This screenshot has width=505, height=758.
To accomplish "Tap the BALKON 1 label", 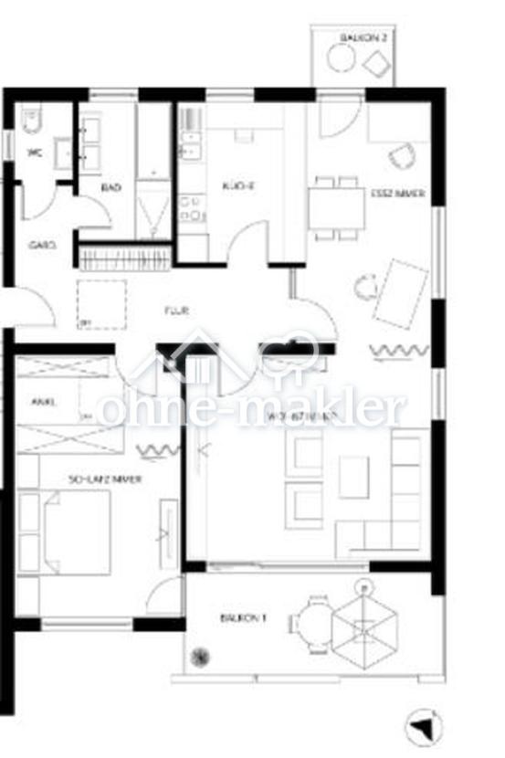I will tap(243, 618).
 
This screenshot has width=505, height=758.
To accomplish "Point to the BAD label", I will tap(111, 187).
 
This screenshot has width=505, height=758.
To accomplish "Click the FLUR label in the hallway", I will tap(175, 311).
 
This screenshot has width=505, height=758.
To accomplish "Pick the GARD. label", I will tap(42, 245).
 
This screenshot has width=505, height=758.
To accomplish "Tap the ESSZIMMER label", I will tap(398, 194).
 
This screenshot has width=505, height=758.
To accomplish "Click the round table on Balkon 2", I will tap(342, 58).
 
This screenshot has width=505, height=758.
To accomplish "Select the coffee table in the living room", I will tap(353, 476).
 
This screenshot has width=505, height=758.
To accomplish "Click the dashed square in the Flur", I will tap(101, 304).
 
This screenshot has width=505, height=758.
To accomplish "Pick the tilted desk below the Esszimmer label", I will tap(400, 292).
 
